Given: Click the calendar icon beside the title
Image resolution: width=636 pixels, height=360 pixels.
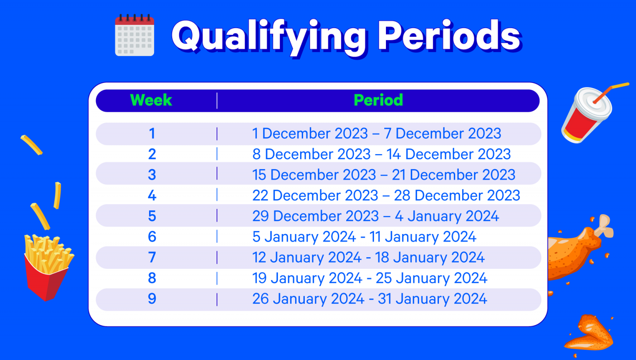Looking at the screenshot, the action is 135,35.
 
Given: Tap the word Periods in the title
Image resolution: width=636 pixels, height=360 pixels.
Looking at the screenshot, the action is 449,36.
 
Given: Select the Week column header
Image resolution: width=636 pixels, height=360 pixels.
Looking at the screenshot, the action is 151,100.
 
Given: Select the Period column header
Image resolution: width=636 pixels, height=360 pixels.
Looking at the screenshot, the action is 378,100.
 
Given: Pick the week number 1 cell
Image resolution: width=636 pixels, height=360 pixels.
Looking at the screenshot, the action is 152,133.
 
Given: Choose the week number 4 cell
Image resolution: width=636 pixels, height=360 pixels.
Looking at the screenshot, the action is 152,196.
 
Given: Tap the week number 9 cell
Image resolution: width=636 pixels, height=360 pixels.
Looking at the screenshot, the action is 152,299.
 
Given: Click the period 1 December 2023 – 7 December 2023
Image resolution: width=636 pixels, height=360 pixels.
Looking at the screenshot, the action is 377,133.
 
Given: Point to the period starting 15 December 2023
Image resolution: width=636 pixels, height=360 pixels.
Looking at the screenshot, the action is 384,175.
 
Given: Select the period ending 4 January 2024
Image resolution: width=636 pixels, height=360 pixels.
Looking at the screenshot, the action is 376,216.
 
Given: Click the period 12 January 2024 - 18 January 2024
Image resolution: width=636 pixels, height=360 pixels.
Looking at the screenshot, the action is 369,257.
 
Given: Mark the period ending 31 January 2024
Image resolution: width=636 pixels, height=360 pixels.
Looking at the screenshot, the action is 370,299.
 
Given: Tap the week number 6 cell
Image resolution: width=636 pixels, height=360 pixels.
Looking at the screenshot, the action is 152,237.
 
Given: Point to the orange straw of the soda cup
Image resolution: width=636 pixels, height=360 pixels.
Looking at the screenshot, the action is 610,92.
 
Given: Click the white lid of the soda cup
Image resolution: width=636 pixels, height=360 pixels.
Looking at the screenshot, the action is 593,104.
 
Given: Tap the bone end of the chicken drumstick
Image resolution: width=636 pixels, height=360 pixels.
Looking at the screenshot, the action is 605,226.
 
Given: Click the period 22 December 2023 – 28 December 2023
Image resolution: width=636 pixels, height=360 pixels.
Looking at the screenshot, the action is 386,196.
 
